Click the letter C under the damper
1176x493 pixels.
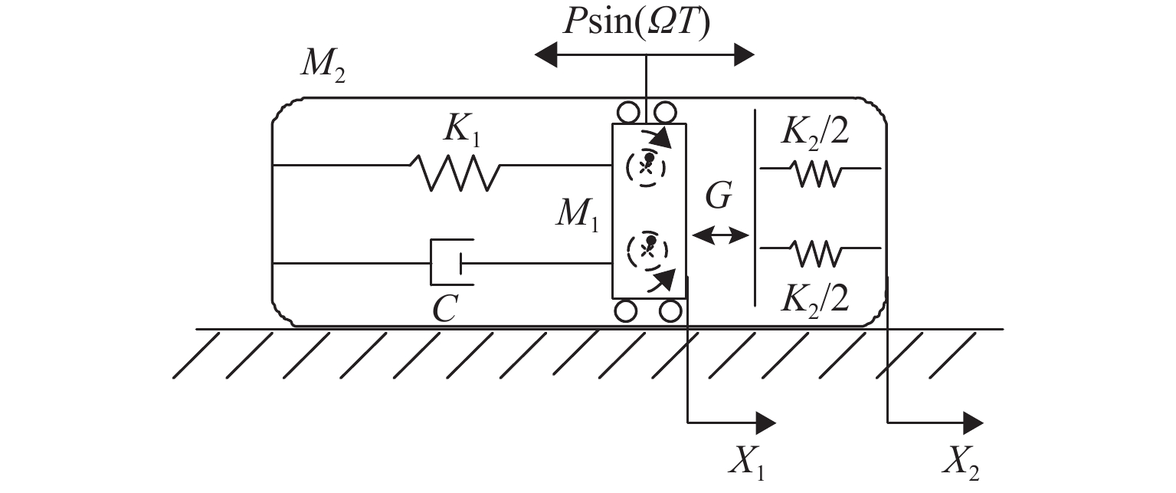[x=444, y=308]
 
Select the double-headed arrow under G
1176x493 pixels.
[x=719, y=235]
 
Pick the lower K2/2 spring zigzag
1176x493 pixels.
[x=818, y=252]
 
